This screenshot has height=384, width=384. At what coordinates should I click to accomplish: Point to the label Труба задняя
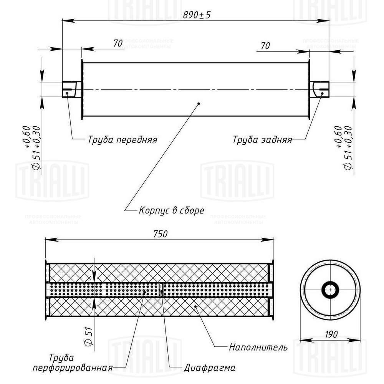click(262, 139)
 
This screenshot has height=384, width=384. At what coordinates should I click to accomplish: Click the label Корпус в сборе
click(171, 210)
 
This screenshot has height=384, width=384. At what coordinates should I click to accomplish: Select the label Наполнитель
click(258, 348)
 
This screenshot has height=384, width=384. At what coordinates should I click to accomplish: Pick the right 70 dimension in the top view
click(265, 45)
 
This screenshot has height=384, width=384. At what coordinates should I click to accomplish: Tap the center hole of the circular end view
click(330, 289)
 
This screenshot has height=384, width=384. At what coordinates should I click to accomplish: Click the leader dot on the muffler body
click(199, 103)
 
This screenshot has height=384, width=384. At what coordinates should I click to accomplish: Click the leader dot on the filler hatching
click(195, 306)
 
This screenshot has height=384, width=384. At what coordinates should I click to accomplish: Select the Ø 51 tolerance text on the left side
click(31, 148)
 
